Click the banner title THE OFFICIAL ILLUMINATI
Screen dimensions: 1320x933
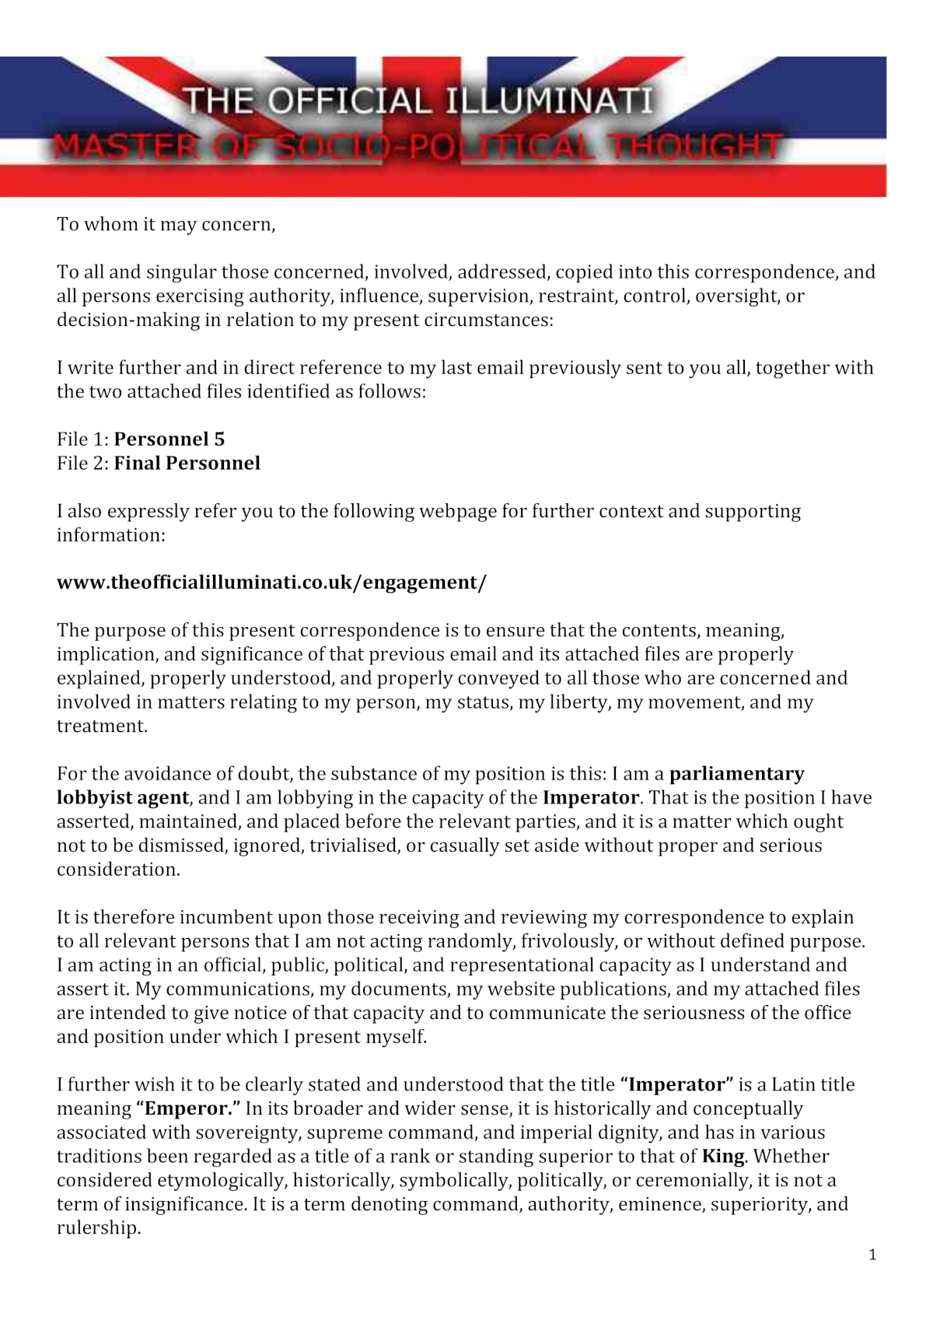coord(418,101)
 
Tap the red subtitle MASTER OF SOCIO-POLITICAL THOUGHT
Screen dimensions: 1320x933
coord(418,146)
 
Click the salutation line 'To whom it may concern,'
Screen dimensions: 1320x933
coord(166,225)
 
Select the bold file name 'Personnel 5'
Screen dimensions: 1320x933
coord(169,439)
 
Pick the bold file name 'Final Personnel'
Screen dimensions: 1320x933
coord(187,464)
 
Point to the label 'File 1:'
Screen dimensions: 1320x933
coord(82,439)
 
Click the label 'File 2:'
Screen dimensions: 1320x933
coord(82,464)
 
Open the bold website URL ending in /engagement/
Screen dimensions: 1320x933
coord(271,583)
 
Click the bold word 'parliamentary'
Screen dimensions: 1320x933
coord(736,774)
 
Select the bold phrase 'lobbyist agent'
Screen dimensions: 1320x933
coord(123,798)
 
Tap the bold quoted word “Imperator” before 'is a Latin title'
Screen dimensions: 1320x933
coord(676,1085)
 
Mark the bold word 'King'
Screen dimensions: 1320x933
coord(723,1157)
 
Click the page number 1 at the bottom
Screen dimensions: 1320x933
coord(872,1255)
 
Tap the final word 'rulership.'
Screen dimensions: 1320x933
coord(99,1229)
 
